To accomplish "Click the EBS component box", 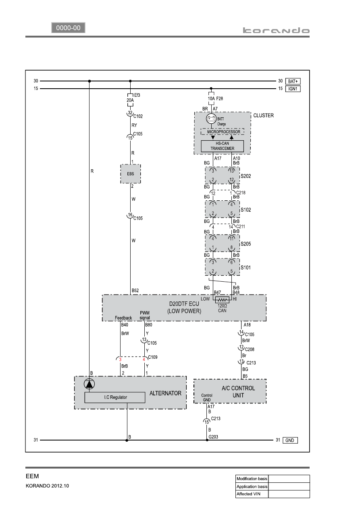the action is click(131, 174).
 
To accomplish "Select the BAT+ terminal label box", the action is click(293, 81).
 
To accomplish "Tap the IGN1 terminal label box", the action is click(293, 89).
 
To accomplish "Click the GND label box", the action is click(290, 440).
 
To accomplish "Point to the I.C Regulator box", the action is click(115, 397).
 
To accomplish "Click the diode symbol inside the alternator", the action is click(89, 384).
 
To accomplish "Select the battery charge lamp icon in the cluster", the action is click(211, 118).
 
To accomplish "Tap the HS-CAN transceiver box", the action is click(222, 146).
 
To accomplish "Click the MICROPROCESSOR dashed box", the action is click(223, 131).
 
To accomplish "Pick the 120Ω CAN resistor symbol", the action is click(222, 300).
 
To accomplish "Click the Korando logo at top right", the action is click(276, 31).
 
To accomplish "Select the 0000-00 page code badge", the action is click(68, 28).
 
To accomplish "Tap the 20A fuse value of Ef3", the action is click(130, 100).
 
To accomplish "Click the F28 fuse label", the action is click(220, 99).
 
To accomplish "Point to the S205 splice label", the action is click(246, 244).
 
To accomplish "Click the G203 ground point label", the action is click(213, 436).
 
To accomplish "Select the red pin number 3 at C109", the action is click(120, 359).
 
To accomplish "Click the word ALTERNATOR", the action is click(165, 393).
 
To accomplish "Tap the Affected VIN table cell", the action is click(252, 494).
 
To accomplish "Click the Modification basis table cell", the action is click(252, 478).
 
